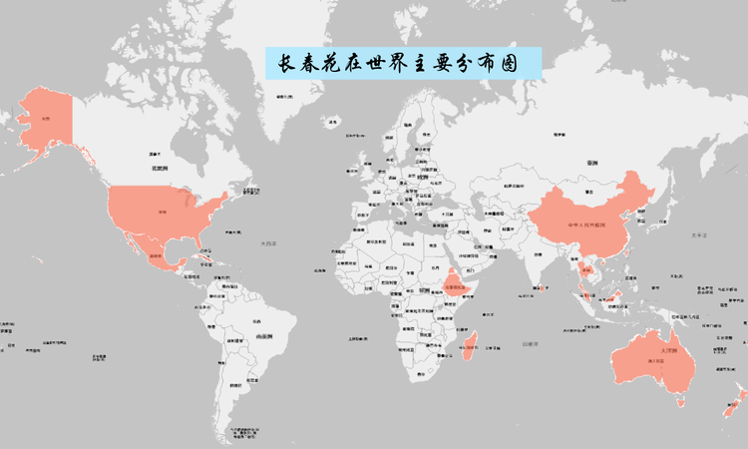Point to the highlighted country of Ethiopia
pos(454,284)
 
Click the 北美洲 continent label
pos(158,170)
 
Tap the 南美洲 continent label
pos(264,337)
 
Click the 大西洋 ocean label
pos(267,242)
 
